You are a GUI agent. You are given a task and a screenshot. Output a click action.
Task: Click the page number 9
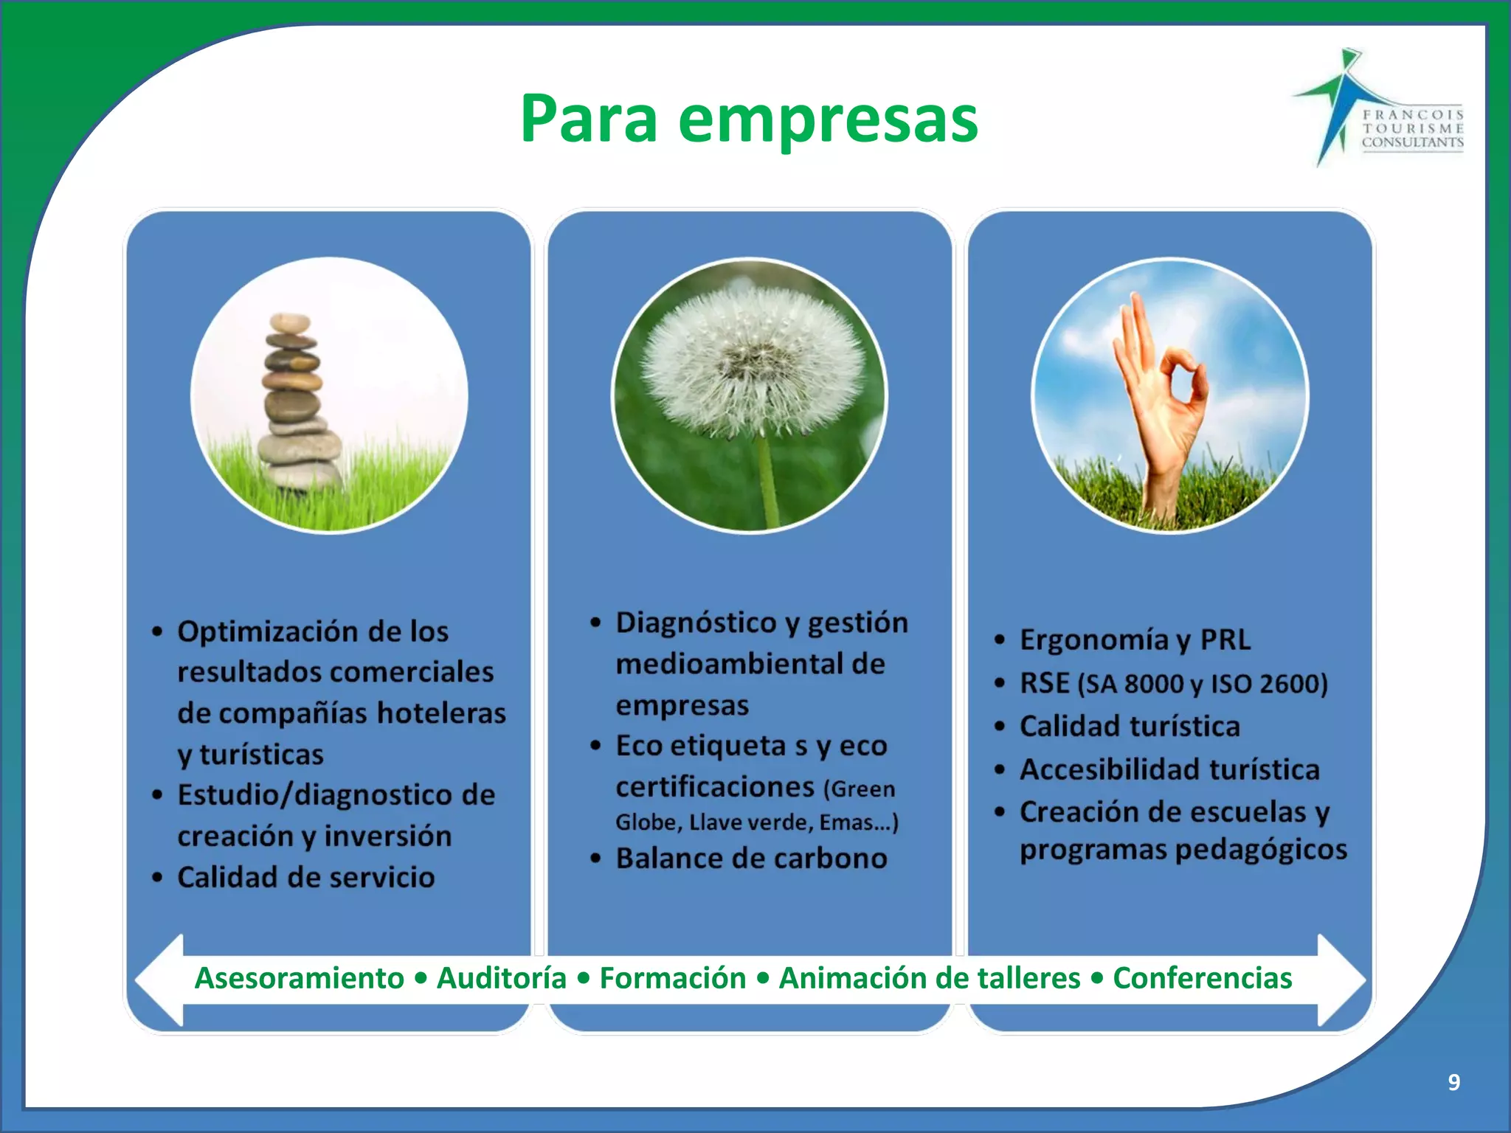tap(1453, 1082)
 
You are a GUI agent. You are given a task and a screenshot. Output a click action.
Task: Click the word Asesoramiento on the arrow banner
tap(300, 978)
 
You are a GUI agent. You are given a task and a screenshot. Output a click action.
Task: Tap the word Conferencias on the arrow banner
tap(1202, 978)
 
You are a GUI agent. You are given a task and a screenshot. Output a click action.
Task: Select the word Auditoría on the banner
tap(502, 978)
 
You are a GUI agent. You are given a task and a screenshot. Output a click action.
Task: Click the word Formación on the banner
tap(672, 978)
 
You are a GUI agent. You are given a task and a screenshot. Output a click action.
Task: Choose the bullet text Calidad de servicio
tap(305, 877)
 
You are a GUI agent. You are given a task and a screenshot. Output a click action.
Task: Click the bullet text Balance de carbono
tap(751, 859)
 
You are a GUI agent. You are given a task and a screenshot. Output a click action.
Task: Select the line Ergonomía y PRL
tap(1135, 640)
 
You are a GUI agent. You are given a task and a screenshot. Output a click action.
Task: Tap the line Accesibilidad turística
tap(1169, 769)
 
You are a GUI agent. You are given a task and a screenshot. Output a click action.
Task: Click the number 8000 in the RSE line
tap(1153, 685)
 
